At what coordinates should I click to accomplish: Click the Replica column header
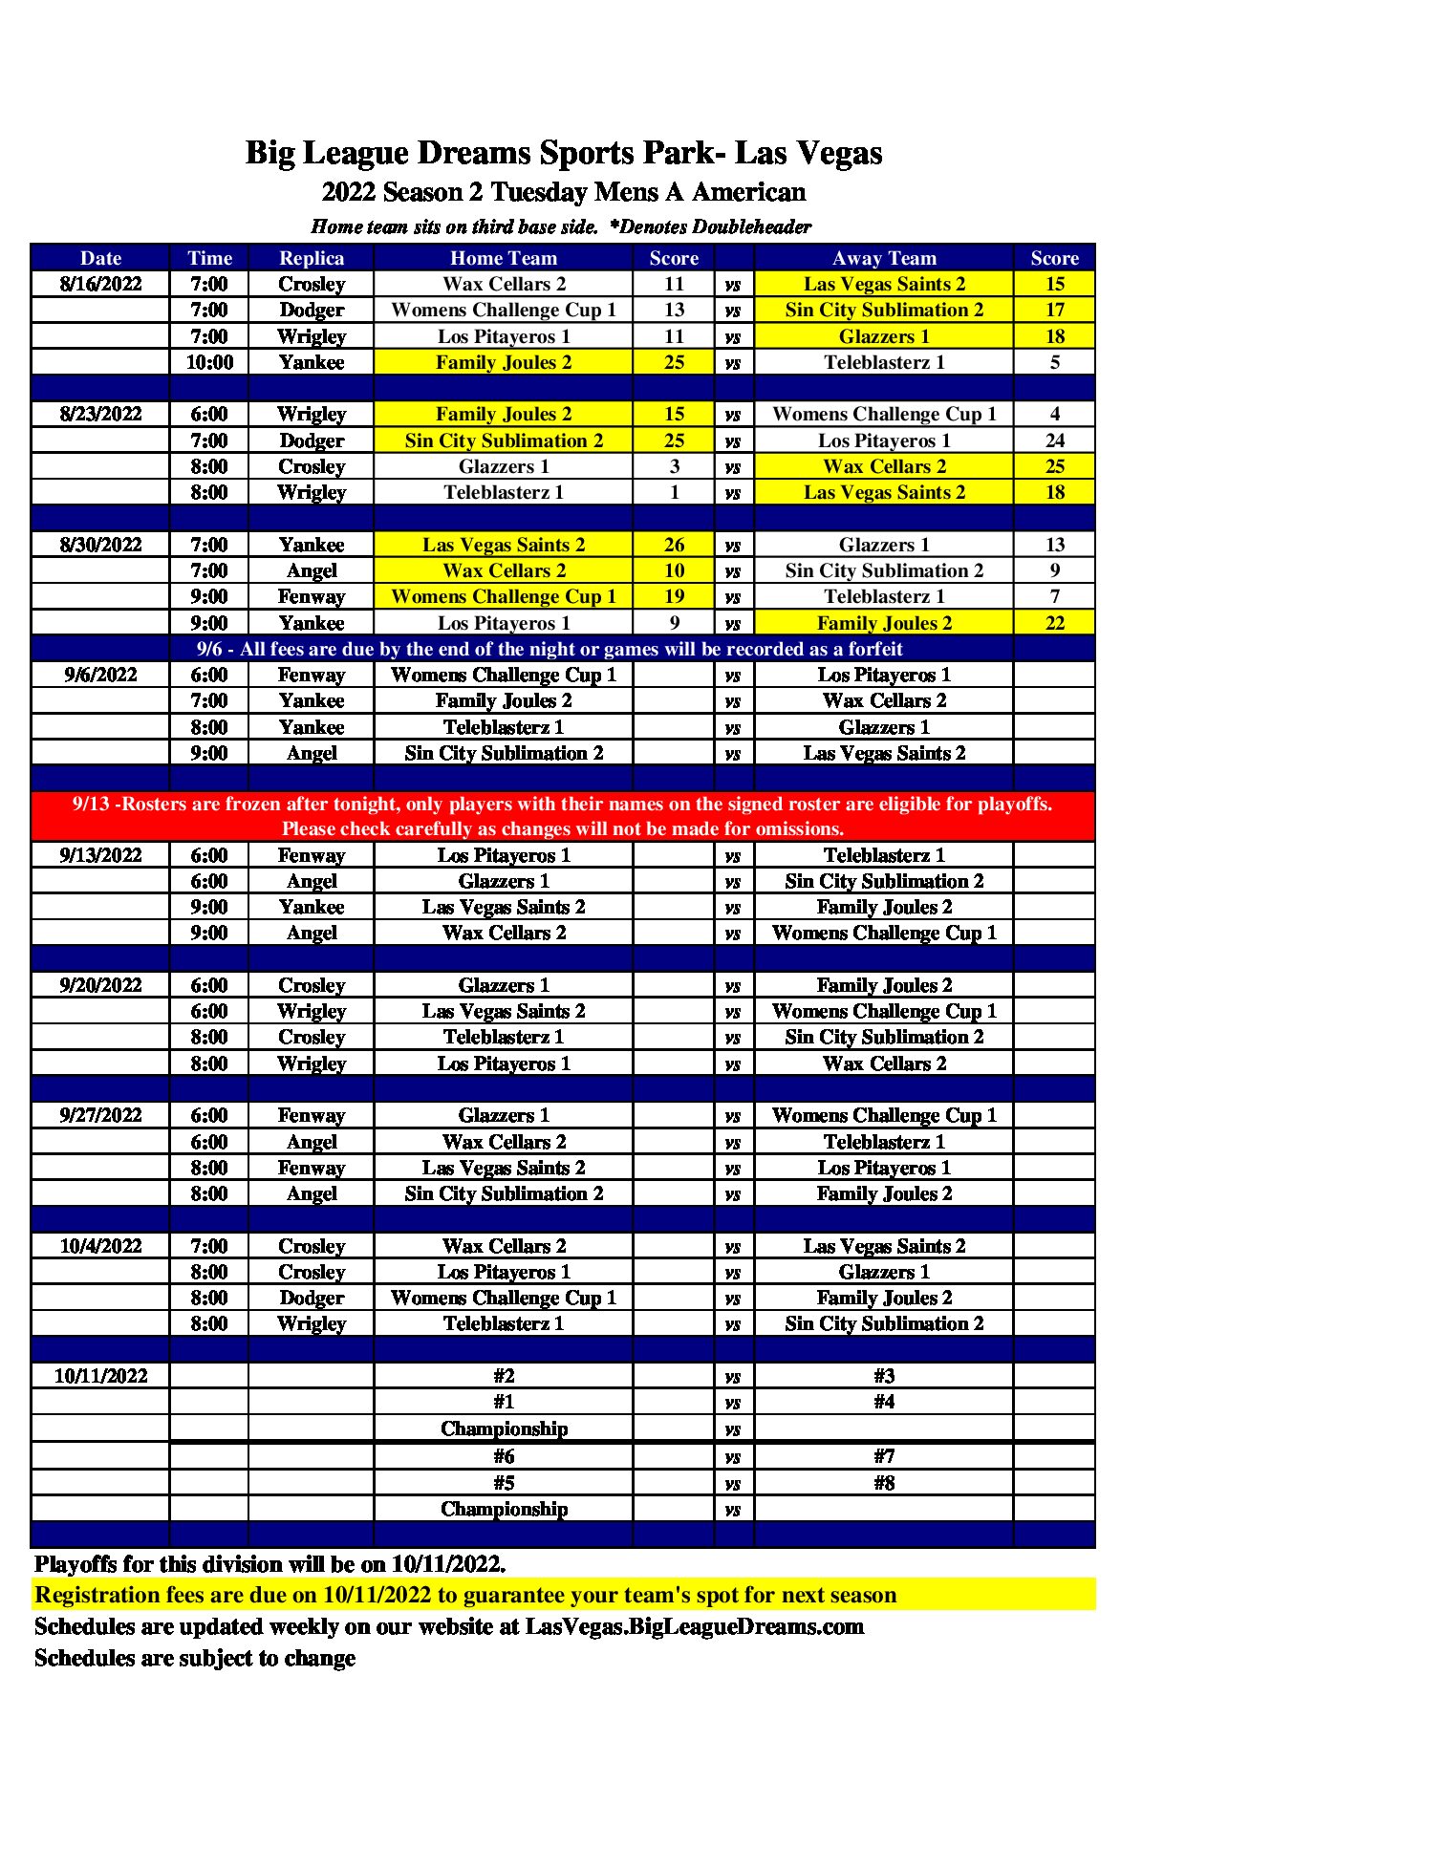click(x=312, y=258)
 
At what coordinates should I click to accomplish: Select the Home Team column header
click(x=503, y=258)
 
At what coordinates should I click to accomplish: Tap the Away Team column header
click(x=884, y=258)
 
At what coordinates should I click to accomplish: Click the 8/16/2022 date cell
click(x=100, y=284)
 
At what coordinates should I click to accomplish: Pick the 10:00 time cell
click(x=209, y=362)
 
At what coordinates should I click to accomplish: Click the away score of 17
click(x=1054, y=310)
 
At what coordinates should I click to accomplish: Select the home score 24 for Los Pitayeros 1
click(x=1054, y=440)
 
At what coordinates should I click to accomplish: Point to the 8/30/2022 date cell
click(x=100, y=545)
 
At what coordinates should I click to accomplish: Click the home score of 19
click(x=674, y=596)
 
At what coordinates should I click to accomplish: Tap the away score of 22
click(x=1054, y=623)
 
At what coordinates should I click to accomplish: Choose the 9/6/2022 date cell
click(x=100, y=675)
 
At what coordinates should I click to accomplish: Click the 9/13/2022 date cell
click(x=100, y=855)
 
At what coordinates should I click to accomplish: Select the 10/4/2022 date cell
click(x=100, y=1246)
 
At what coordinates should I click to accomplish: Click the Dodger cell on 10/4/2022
click(x=312, y=1298)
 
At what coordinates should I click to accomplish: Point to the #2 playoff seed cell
click(x=504, y=1376)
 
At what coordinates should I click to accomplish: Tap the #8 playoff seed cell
click(x=884, y=1483)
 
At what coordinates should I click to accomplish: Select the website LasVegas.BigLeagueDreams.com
click(x=695, y=1626)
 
